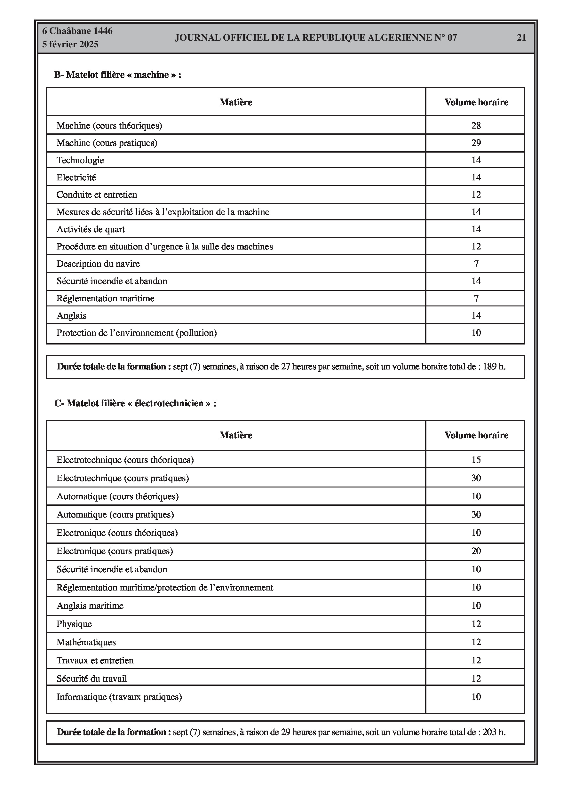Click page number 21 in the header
pyautogui.click(x=521, y=37)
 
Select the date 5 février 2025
pyautogui.click(x=70, y=44)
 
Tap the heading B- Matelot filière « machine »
pyautogui.click(x=118, y=75)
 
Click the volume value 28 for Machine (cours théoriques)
pyautogui.click(x=476, y=126)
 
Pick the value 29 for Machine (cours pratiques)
pyautogui.click(x=476, y=143)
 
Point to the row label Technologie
pyautogui.click(x=80, y=160)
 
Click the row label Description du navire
pyautogui.click(x=98, y=264)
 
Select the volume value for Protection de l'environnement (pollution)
pyautogui.click(x=476, y=333)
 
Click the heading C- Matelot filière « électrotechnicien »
pyautogui.click(x=135, y=403)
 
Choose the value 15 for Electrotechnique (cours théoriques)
pyautogui.click(x=476, y=460)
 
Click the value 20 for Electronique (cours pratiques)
pyautogui.click(x=476, y=551)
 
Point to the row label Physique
pyautogui.click(x=74, y=624)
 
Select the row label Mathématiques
pyautogui.click(x=86, y=642)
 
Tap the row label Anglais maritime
pyautogui.click(x=90, y=606)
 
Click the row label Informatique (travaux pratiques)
pyautogui.click(x=119, y=697)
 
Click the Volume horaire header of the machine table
pyautogui.click(x=476, y=102)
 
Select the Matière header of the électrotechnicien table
pyautogui.click(x=236, y=435)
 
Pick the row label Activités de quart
pyautogui.click(x=91, y=229)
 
